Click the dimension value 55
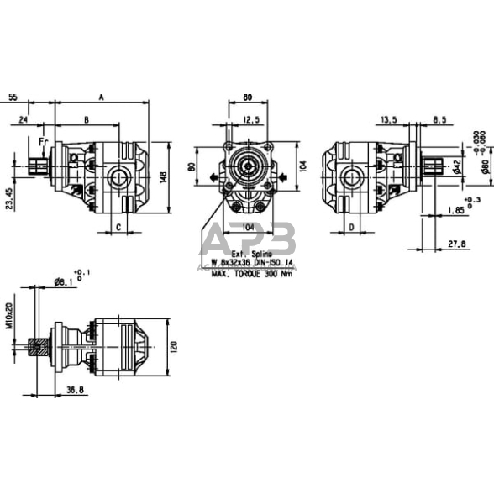(x=12, y=98)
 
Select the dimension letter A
(x=101, y=98)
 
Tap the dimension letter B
(x=87, y=119)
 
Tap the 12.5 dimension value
(x=250, y=120)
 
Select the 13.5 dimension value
(x=387, y=120)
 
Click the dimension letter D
(x=351, y=227)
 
